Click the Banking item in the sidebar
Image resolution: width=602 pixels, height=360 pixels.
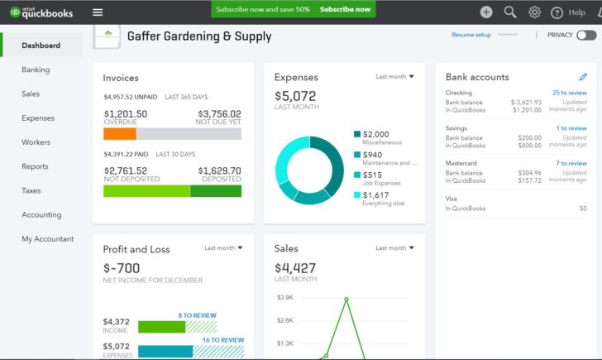[36, 70]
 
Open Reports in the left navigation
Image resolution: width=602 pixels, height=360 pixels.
[35, 166]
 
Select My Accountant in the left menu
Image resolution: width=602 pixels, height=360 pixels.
[47, 239]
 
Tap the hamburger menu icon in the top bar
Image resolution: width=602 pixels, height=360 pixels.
[98, 12]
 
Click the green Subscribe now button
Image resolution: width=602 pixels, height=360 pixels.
[346, 10]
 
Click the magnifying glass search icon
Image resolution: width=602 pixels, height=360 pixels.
[510, 12]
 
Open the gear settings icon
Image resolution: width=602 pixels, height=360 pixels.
[534, 12]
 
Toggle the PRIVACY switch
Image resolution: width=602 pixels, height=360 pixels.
[585, 35]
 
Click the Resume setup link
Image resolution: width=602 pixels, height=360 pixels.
[471, 35]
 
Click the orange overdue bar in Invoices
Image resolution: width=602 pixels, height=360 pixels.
[120, 133]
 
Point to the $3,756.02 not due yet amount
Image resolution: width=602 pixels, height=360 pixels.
[219, 114]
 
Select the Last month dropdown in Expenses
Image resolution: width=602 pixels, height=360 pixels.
[394, 76]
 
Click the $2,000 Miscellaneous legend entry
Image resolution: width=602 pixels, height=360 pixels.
[375, 134]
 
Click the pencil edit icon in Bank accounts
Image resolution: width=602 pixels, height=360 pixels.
[583, 77]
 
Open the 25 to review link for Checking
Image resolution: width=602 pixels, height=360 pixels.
[569, 93]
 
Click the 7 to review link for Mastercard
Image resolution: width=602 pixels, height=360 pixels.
[571, 163]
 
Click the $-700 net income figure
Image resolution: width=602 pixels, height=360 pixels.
[122, 268]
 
